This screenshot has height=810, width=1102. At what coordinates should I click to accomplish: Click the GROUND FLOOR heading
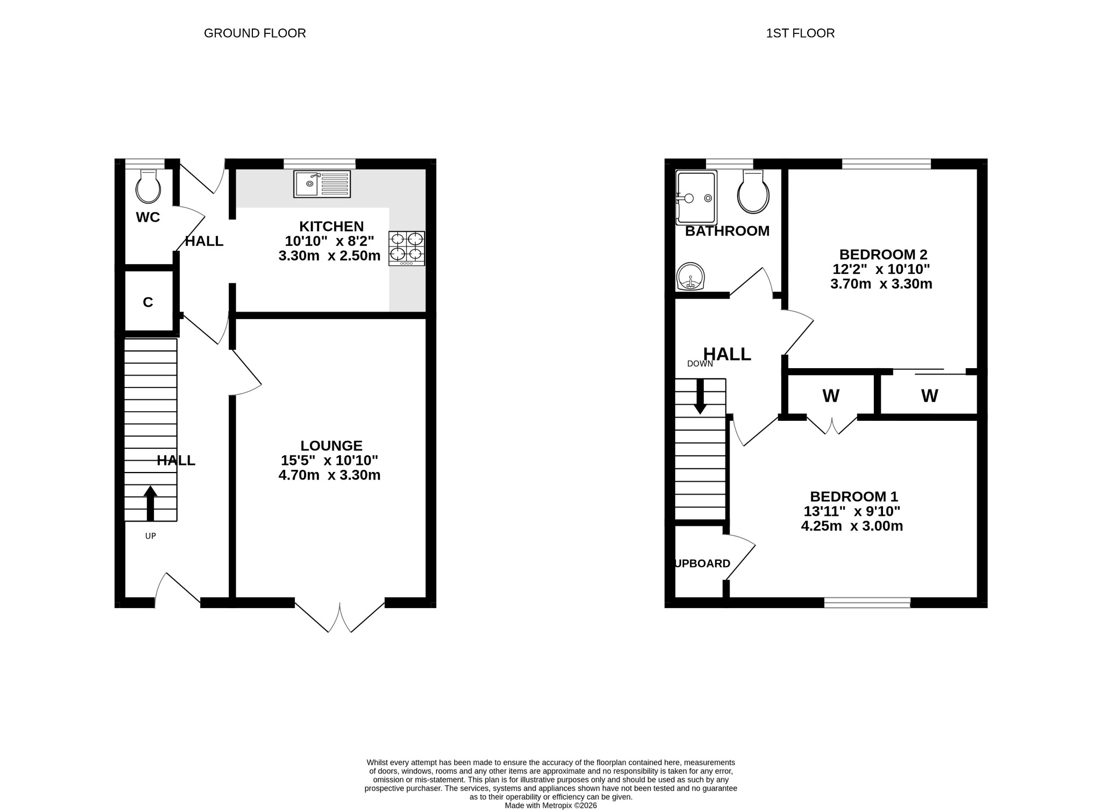[x=255, y=33]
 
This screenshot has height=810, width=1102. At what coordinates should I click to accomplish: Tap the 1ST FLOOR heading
[x=800, y=33]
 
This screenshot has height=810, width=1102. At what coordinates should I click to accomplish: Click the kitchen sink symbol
[x=322, y=184]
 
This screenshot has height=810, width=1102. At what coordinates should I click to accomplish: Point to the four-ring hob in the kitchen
[x=407, y=248]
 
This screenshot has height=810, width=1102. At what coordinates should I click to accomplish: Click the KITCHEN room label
[x=331, y=227]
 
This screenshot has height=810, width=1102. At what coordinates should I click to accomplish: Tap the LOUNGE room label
[x=331, y=446]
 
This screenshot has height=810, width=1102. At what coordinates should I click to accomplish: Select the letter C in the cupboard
[x=148, y=302]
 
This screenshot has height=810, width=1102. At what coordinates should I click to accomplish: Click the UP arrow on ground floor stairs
[x=151, y=503]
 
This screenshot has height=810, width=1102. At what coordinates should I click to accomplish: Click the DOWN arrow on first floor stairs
[x=700, y=397]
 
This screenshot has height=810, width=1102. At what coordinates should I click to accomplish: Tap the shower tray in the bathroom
[x=697, y=198]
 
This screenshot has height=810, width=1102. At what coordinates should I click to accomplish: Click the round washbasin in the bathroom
[x=690, y=277]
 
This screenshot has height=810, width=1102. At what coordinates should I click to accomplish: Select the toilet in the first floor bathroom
[x=753, y=192]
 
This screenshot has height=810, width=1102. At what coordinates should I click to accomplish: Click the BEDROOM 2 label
[x=883, y=254]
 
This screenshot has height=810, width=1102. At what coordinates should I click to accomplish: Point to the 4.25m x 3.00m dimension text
[x=852, y=526]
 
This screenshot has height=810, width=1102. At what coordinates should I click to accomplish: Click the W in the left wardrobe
[x=831, y=396]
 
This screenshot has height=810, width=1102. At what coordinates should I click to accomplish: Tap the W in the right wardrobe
[x=929, y=396]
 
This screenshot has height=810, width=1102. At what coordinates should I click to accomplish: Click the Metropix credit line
[x=550, y=806]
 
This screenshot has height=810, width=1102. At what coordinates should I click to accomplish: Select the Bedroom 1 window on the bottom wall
[x=867, y=603]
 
